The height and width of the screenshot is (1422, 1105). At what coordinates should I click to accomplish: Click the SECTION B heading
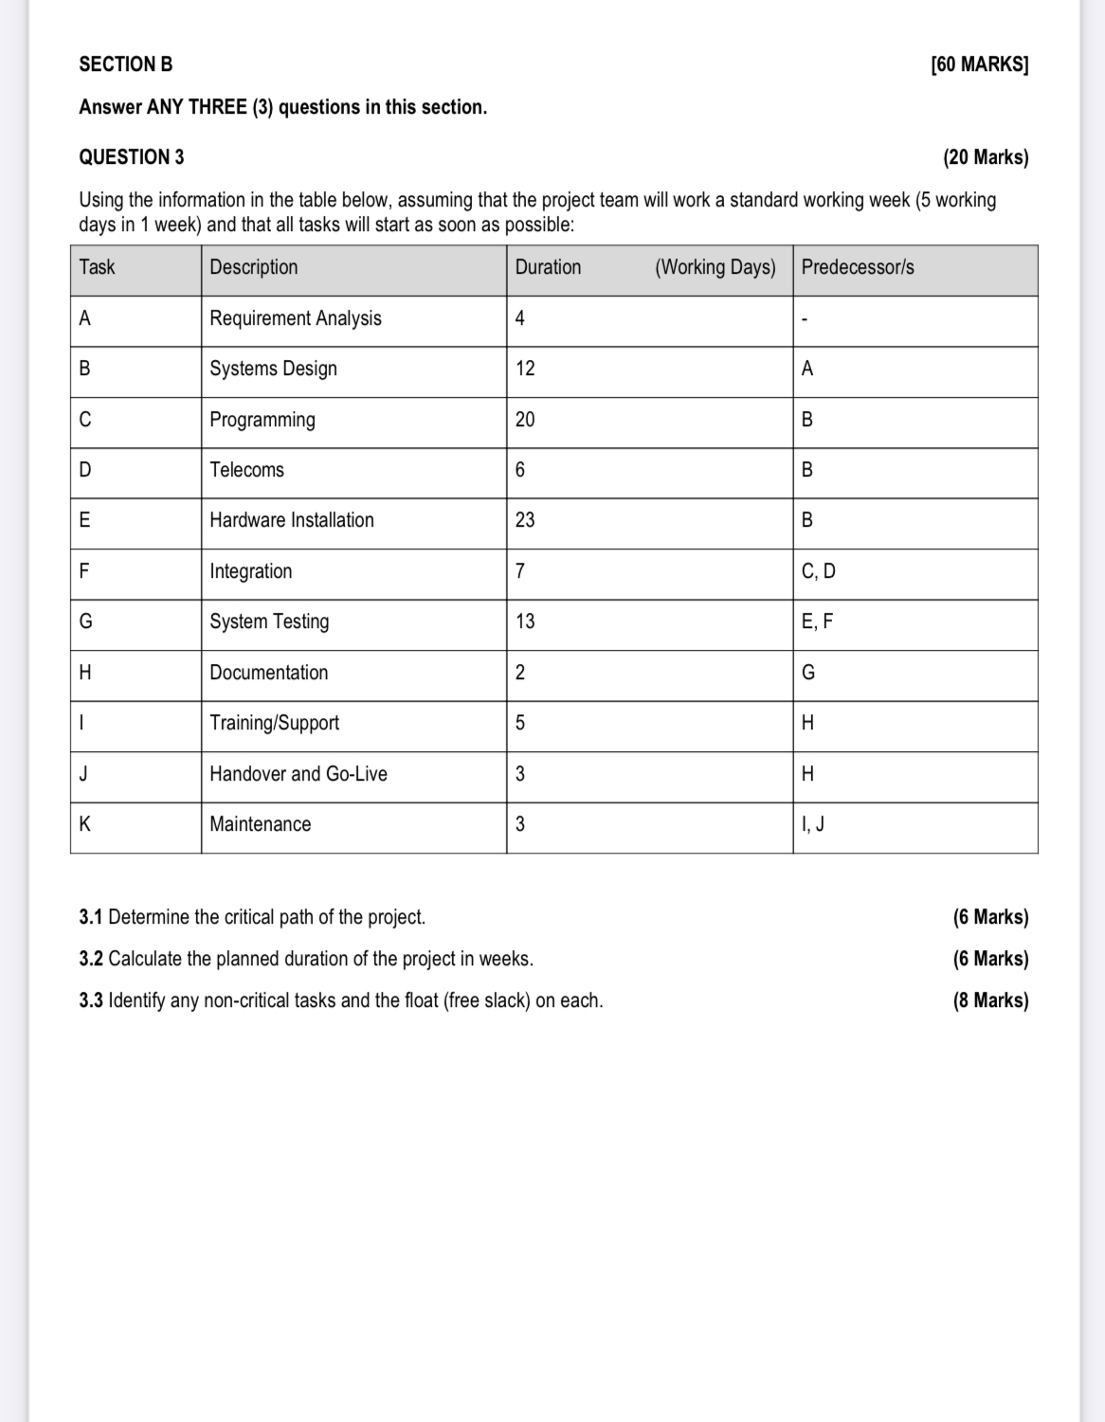coord(126,64)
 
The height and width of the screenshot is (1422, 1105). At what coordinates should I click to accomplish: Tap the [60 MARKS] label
coord(980,64)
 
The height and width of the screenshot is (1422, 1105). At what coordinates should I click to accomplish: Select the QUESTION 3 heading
coord(132,157)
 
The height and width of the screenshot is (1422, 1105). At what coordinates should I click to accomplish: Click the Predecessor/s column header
coord(858,267)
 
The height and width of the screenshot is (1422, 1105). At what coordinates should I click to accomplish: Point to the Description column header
coord(253,267)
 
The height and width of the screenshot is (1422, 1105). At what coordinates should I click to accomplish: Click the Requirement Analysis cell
coord(295,318)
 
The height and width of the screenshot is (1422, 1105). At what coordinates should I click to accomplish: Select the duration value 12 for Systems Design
coord(525,369)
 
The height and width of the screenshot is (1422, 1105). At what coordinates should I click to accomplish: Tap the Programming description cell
coord(263,420)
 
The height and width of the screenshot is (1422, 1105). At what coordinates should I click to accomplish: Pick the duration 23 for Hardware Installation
coord(525,520)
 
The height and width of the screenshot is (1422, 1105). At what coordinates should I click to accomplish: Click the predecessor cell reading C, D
coord(818,571)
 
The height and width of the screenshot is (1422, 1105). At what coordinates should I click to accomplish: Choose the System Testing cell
coord(269,621)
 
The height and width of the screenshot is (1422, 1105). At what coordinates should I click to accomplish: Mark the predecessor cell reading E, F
coord(817,621)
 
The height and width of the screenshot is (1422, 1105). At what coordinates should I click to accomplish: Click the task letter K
coord(84,824)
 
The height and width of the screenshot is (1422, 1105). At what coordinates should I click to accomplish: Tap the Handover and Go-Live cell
coord(298,774)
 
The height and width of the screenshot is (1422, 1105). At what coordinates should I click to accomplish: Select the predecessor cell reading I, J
coord(812,824)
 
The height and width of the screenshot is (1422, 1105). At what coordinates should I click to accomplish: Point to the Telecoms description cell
coord(246,470)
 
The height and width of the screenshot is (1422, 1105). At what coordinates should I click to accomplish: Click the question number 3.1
coord(91,917)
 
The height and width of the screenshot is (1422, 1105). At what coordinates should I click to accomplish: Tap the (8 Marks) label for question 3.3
coord(990,1000)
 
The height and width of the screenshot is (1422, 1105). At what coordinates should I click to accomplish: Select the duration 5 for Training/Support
coord(519,723)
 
